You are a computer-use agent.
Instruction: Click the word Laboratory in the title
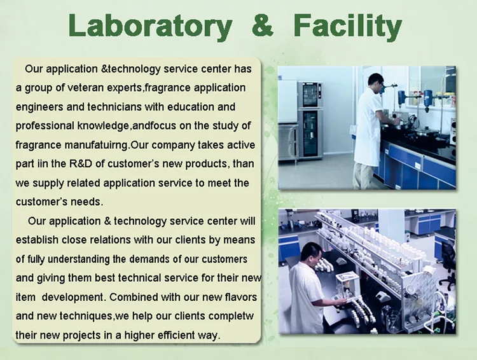coord(150,27)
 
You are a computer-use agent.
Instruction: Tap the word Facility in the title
coord(348,27)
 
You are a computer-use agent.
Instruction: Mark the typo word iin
coord(43,163)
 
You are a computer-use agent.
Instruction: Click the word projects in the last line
coord(81,335)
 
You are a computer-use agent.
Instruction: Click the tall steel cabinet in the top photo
coord(310,120)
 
